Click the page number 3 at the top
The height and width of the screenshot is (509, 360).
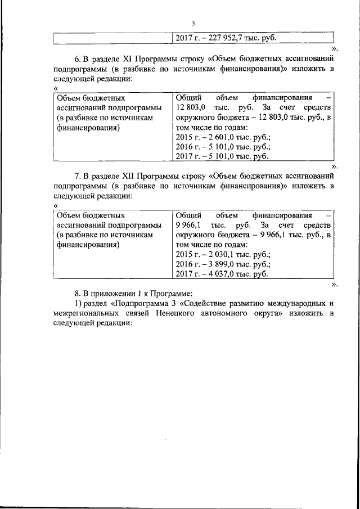click(193, 23)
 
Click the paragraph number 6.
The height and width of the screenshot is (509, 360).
click(78, 58)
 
